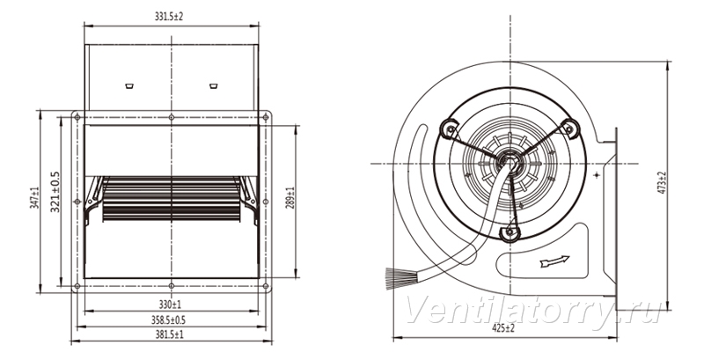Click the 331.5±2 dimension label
pyautogui.click(x=169, y=17)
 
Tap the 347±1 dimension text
pyautogui.click(x=33, y=198)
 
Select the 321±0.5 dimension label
pyautogui.click(x=55, y=192)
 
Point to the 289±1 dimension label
pyautogui.click(x=290, y=197)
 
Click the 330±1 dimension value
pyautogui.click(x=170, y=305)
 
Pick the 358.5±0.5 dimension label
pyautogui.click(x=168, y=320)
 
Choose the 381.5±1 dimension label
pyautogui.click(x=169, y=334)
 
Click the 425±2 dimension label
pyautogui.click(x=502, y=328)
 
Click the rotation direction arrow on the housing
pyautogui.click(x=555, y=261)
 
